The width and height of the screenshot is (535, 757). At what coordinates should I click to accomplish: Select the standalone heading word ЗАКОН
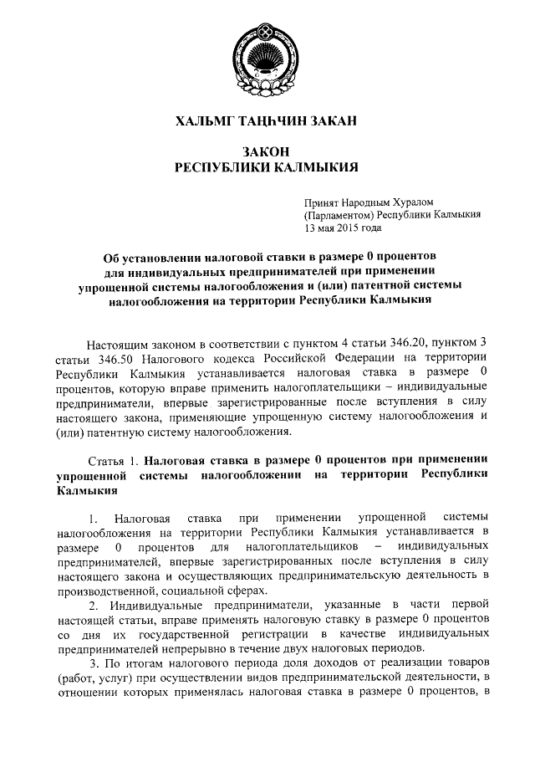(267, 151)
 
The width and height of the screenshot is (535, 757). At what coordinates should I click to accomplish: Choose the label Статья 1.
(114, 460)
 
